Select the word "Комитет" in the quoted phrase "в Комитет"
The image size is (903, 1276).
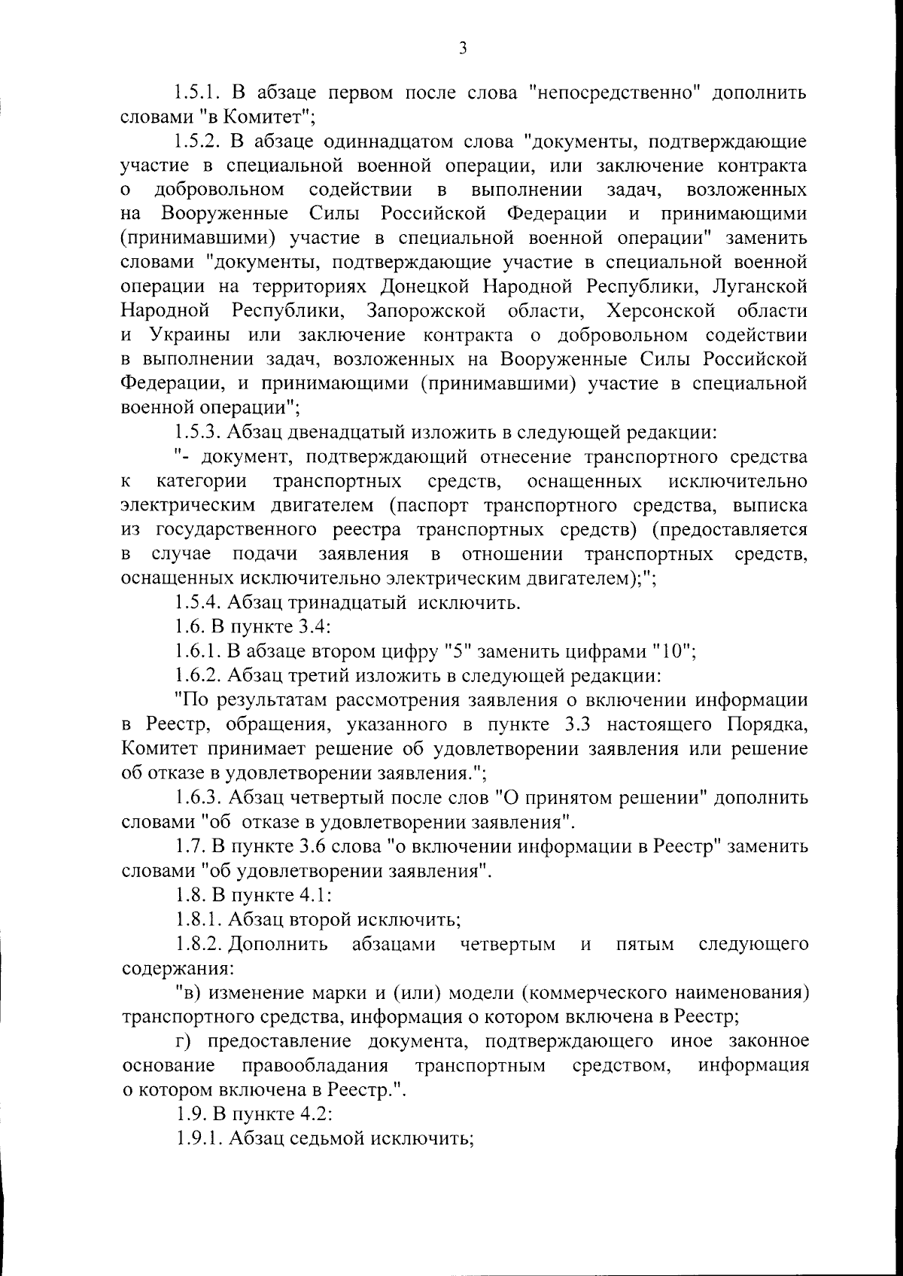point(268,117)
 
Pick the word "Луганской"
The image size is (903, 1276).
point(759,287)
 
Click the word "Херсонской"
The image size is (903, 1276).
point(660,311)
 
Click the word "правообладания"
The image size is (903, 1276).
point(315,1065)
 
